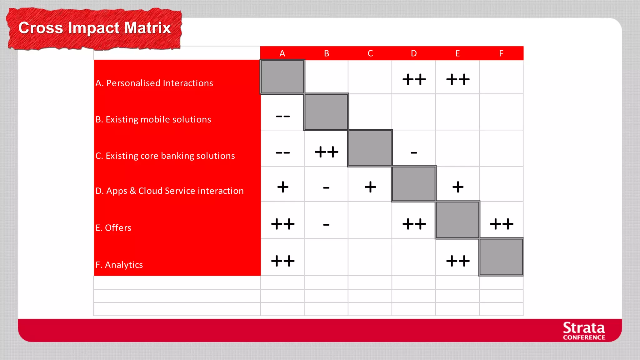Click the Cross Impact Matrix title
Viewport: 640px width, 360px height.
click(94, 28)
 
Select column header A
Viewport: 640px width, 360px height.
click(282, 53)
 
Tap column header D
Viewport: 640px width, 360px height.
click(414, 53)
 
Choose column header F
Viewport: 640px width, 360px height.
click(501, 53)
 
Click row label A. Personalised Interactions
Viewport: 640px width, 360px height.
click(154, 83)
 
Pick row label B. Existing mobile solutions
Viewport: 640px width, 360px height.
click(153, 119)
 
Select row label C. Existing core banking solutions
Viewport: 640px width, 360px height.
click(165, 156)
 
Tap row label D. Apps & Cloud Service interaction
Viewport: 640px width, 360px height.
click(169, 191)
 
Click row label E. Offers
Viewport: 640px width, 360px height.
click(113, 228)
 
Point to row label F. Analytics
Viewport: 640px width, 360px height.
click(119, 265)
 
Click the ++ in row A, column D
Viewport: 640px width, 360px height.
click(414, 79)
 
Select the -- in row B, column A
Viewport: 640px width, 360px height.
click(283, 117)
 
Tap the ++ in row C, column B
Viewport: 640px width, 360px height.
click(327, 152)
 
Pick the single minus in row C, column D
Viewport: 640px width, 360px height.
click(414, 153)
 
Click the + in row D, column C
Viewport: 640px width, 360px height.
click(370, 187)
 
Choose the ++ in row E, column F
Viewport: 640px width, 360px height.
click(502, 224)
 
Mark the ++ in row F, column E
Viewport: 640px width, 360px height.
click(458, 261)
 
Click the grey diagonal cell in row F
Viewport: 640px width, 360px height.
click(501, 257)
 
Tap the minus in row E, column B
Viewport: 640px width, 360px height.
click(326, 224)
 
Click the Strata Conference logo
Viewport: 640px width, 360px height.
click(584, 331)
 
